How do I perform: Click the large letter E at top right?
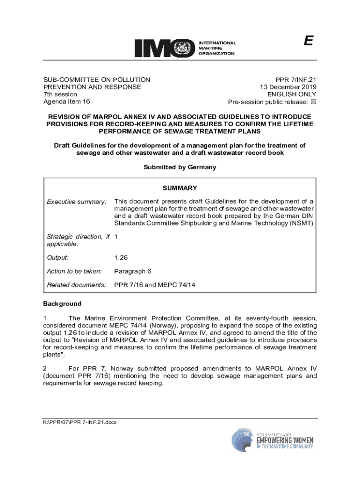307,42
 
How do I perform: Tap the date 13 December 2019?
288,87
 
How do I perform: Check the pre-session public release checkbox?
314,102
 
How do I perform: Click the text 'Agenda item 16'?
67,102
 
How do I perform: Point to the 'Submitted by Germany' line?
180,167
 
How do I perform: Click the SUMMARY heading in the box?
180,188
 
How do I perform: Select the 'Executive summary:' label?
77,202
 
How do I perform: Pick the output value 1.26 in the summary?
121,258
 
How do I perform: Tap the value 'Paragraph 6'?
133,271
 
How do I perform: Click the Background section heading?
62,304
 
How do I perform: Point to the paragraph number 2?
45,368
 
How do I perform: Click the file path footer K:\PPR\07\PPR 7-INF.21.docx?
80,422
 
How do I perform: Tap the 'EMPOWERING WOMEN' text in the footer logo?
285,440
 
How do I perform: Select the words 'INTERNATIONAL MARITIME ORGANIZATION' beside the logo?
218,48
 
